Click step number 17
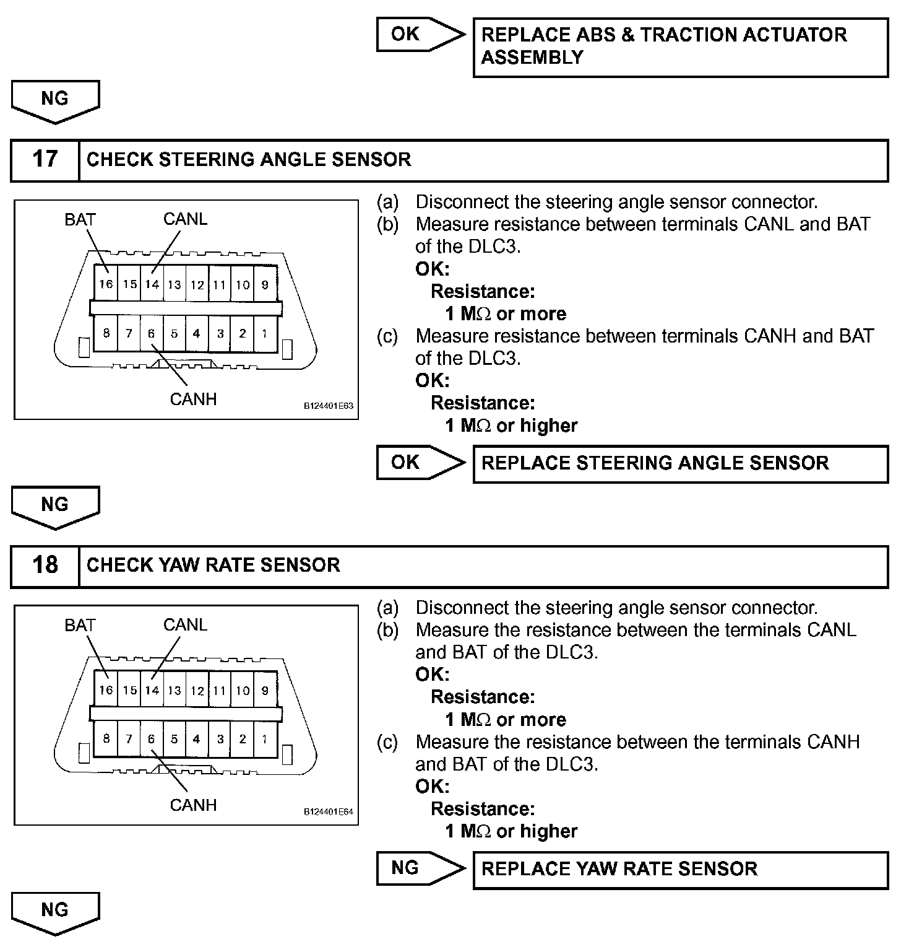[45, 159]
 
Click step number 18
[45, 565]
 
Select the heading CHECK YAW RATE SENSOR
[213, 565]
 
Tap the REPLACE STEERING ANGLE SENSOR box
[680, 463]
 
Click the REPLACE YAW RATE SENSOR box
[680, 869]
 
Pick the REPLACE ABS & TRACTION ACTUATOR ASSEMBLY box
[680, 46]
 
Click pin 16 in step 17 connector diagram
[106, 284]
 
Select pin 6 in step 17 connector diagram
[152, 333]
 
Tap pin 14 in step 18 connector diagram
[152, 690]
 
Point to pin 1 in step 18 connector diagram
[265, 739]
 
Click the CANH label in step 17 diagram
[193, 399]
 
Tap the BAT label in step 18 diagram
[80, 625]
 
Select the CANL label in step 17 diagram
[185, 219]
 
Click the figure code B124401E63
[328, 406]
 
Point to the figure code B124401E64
[328, 812]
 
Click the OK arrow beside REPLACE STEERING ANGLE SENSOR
[420, 463]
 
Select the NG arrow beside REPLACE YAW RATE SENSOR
[420, 868]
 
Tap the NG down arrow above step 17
[55, 100]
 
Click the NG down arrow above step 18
[55, 506]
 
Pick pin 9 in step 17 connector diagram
[265, 284]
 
